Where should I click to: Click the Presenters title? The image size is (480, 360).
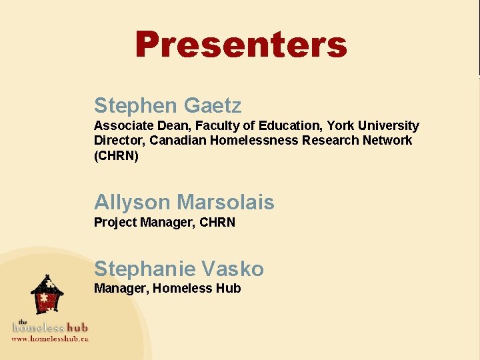(241, 45)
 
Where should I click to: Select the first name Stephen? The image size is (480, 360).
(136, 105)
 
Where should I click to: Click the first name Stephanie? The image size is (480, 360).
(145, 269)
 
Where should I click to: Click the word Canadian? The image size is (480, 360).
(178, 140)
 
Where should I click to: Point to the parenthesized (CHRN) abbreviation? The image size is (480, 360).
(116, 155)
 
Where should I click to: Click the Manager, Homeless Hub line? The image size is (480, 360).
(167, 289)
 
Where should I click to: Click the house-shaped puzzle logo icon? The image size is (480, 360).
(47, 294)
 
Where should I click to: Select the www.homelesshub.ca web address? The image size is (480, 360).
(50, 338)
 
